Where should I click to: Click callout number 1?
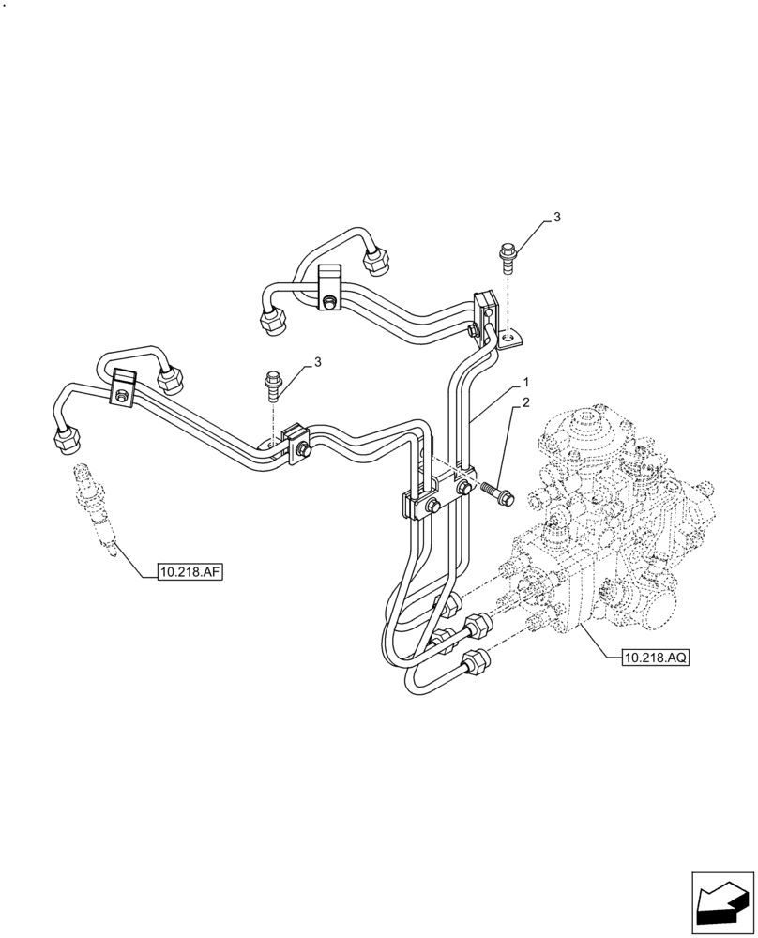[526, 383]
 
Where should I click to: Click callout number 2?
[526, 403]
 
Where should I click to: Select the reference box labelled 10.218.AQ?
[655, 658]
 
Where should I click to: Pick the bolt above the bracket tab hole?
[508, 254]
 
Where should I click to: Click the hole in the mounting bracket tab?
[507, 335]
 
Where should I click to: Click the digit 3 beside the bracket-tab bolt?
[557, 217]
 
